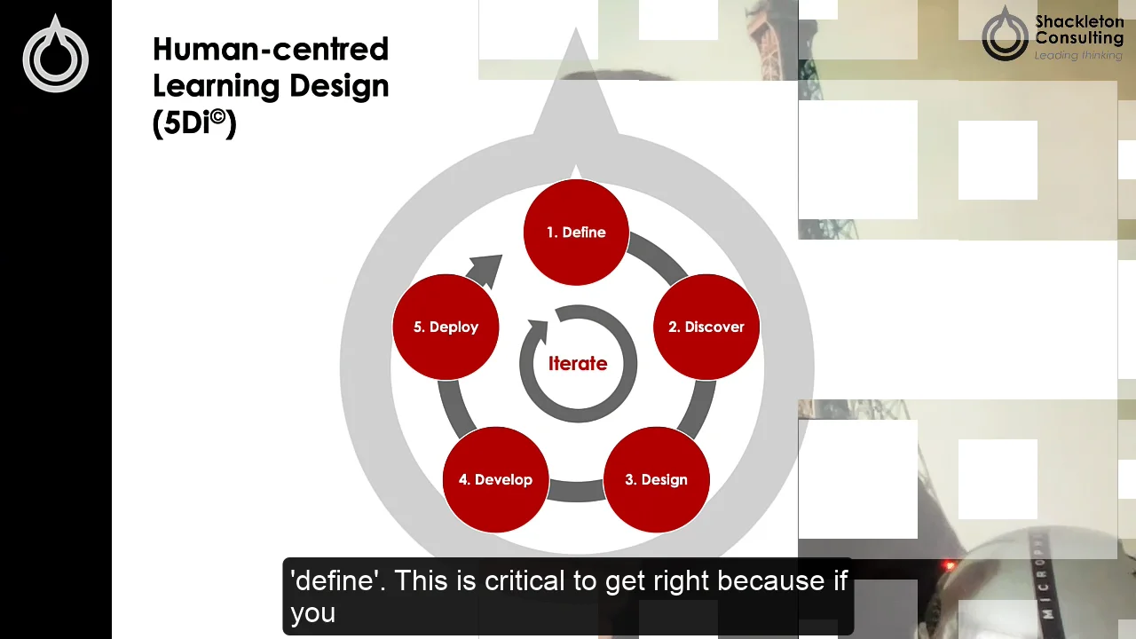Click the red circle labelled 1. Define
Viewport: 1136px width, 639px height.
(x=576, y=233)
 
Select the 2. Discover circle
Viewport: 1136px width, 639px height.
(x=706, y=327)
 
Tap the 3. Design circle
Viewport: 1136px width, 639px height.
(x=656, y=479)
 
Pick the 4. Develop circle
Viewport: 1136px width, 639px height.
(x=495, y=479)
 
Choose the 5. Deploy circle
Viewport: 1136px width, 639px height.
(x=446, y=327)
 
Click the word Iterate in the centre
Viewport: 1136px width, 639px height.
(x=578, y=364)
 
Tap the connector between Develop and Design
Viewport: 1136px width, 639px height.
(x=576, y=491)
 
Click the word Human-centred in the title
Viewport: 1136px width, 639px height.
(x=271, y=49)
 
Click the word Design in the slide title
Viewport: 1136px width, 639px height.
(x=343, y=87)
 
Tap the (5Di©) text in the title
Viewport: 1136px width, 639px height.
(x=194, y=123)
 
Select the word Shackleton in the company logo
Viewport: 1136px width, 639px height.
(x=1079, y=22)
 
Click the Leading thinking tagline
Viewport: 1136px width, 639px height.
(x=1078, y=55)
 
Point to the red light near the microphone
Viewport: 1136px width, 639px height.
(x=950, y=565)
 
